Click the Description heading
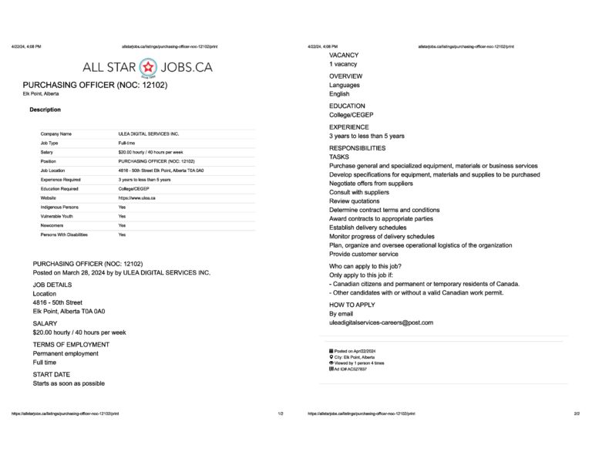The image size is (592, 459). click(45, 110)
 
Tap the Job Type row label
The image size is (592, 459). click(55, 143)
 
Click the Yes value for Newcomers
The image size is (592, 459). click(122, 225)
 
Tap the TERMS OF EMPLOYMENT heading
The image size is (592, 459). click(71, 344)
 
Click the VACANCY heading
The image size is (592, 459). click(344, 56)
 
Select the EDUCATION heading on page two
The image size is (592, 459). click(347, 106)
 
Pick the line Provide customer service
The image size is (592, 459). click(363, 254)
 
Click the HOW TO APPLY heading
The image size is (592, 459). click(352, 305)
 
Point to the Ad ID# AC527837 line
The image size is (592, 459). click(348, 370)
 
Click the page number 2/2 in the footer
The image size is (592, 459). click(577, 413)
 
